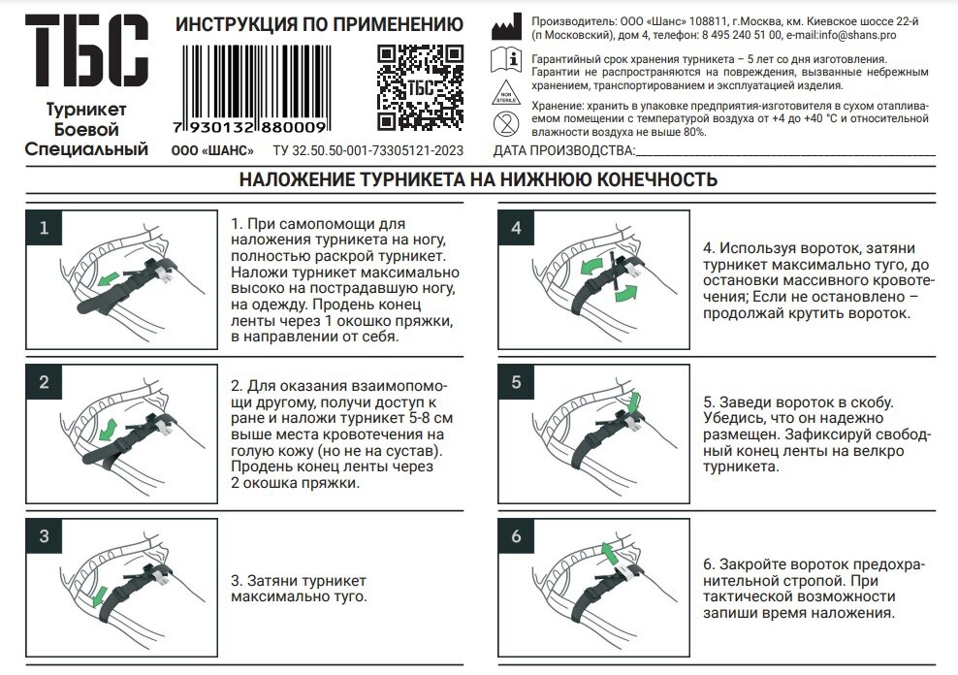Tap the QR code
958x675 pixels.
click(x=420, y=88)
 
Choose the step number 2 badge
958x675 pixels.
click(x=44, y=382)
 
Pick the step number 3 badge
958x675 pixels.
click(x=44, y=536)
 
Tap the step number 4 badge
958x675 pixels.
click(x=516, y=228)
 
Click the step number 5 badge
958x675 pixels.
click(x=516, y=382)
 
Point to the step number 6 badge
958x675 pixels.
click(x=516, y=536)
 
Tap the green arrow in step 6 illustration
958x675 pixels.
click(x=608, y=553)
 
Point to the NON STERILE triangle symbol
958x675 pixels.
click(x=506, y=92)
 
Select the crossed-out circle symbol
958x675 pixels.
click(x=505, y=122)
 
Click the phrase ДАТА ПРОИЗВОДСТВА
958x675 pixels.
click(x=562, y=150)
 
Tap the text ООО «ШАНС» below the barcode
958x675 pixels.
click(x=211, y=150)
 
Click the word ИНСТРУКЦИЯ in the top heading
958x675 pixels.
click(x=233, y=24)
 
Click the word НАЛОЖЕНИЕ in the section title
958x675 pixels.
click(x=296, y=179)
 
